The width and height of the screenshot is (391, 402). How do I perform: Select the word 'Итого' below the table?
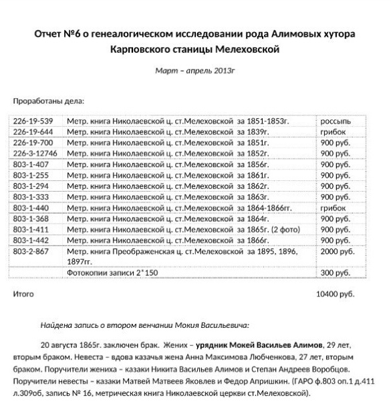pyautogui.click(x=23, y=293)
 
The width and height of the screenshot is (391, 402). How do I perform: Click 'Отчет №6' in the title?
pyautogui.click(x=57, y=33)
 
